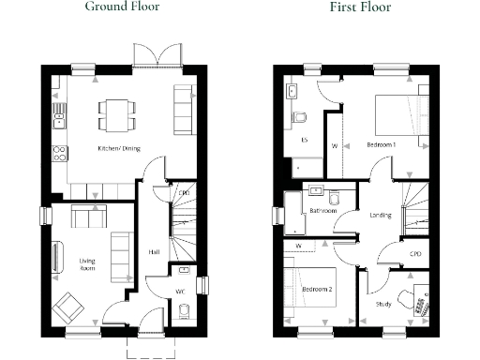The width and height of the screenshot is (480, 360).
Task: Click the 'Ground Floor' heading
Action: click(x=122, y=7)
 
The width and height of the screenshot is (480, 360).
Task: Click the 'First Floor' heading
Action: click(x=360, y=7)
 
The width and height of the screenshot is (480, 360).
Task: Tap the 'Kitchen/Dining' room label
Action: click(x=119, y=148)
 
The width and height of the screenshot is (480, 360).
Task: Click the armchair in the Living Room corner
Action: click(x=67, y=307)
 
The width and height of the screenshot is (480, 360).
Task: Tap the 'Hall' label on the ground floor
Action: click(x=153, y=251)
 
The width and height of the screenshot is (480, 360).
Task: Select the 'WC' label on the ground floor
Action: click(x=179, y=290)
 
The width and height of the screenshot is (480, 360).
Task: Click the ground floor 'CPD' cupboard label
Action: click(x=184, y=193)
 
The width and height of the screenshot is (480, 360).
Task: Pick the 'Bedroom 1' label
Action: click(x=381, y=145)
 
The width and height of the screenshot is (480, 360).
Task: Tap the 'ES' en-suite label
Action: click(x=304, y=140)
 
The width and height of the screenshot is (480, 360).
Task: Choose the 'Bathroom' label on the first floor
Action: click(x=323, y=211)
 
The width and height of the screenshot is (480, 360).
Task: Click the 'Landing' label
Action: click(x=381, y=216)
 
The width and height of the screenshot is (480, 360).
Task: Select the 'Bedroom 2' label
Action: click(x=316, y=290)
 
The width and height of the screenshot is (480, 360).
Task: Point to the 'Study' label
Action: click(x=383, y=304)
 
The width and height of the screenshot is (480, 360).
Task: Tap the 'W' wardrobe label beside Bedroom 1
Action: click(x=335, y=145)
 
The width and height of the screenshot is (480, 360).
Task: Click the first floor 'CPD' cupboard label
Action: click(x=415, y=254)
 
